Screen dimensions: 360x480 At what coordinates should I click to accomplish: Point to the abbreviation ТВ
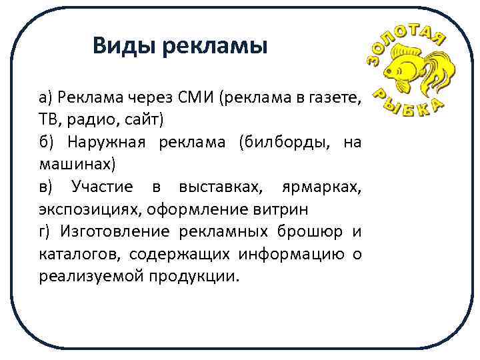point(49,121)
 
